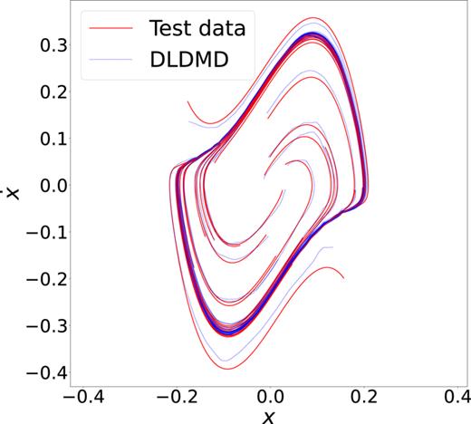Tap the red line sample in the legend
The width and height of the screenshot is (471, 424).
(x=118, y=27)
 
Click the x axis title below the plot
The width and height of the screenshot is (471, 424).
(x=268, y=416)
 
